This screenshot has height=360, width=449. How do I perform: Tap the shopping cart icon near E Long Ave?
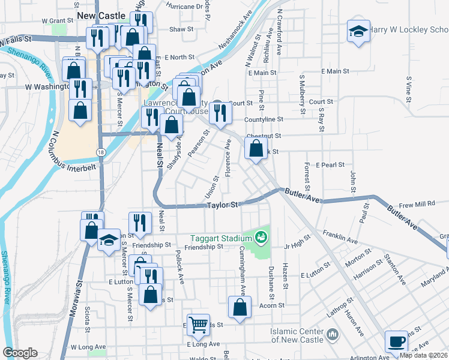pos(198,325)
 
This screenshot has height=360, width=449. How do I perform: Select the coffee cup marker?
pos(396,341)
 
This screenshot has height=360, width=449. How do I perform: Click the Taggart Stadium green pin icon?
pos(261,238)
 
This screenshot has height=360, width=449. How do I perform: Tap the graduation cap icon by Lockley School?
pos(358,31)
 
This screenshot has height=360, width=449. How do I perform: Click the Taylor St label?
pos(223,205)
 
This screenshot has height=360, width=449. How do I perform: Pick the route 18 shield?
pos(102,153)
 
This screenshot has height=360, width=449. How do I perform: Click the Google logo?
pos(20,352)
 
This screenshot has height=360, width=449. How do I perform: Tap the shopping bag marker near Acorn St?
pos(240,307)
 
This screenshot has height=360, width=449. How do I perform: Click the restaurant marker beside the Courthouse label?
pos(220,112)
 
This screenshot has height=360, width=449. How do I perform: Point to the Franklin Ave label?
pos(340,236)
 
